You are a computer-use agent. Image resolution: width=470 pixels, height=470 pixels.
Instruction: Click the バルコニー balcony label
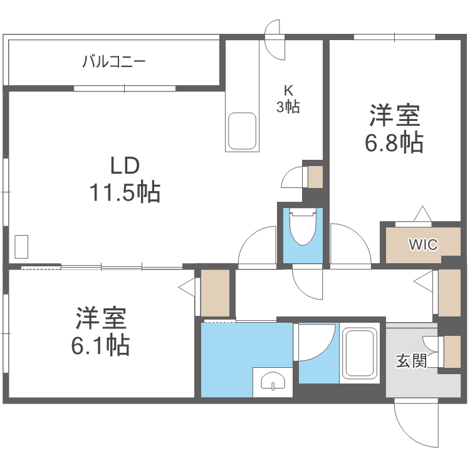point(114,62)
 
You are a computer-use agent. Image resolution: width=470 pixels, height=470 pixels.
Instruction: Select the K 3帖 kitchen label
point(288,98)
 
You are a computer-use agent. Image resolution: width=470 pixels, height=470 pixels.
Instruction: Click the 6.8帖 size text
point(394,143)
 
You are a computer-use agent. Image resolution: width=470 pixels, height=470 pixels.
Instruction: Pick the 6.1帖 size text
point(102,345)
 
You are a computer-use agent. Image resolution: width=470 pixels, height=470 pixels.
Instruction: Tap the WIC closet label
point(424,244)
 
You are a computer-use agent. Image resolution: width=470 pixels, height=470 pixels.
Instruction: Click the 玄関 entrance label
point(411,361)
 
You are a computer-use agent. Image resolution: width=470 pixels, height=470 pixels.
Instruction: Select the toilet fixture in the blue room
point(303,227)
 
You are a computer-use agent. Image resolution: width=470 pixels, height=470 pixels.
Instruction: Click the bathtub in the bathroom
point(359,354)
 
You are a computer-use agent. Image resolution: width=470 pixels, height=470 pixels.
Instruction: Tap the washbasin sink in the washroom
point(273,382)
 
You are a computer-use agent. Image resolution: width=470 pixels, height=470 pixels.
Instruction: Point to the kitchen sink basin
point(242,132)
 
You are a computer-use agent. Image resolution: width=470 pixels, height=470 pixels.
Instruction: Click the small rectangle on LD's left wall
point(21,246)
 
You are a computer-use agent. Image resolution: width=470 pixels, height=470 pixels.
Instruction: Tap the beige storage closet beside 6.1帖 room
point(215,293)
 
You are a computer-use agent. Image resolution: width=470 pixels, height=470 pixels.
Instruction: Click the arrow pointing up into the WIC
point(422,214)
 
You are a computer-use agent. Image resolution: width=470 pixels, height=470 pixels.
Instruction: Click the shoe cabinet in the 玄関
point(451,352)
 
